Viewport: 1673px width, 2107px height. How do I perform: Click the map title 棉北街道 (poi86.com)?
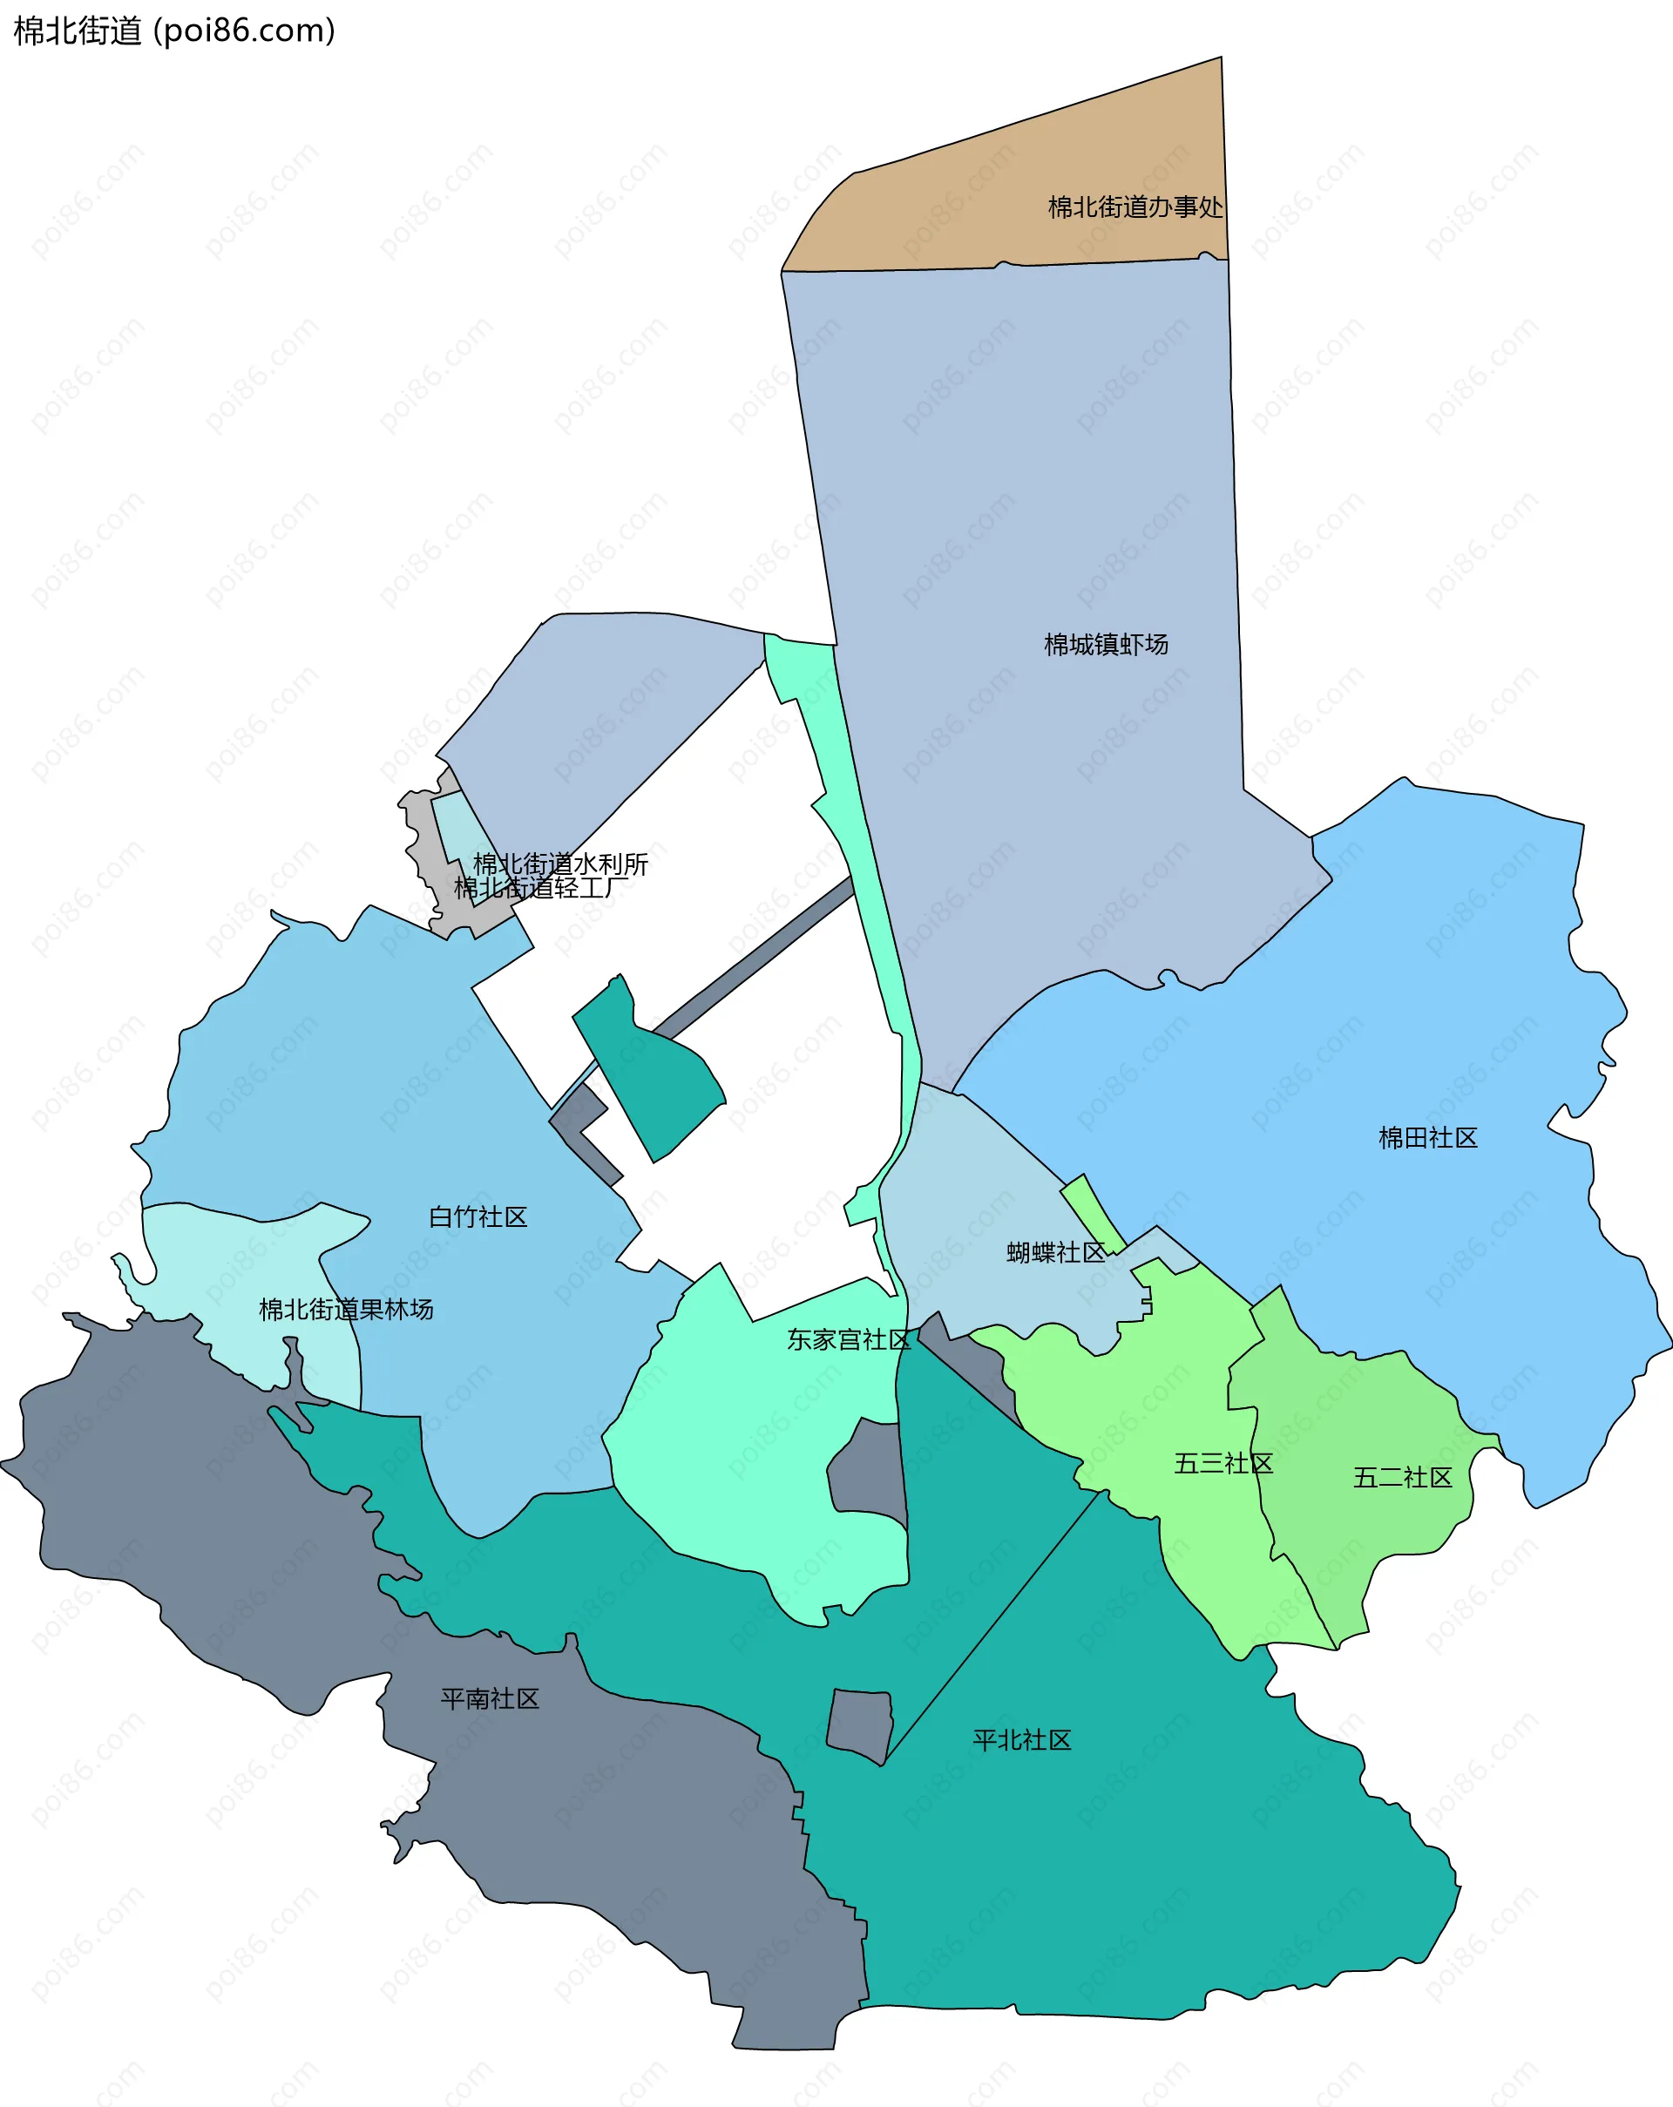(174, 30)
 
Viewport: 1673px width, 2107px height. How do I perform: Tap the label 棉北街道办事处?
(1135, 207)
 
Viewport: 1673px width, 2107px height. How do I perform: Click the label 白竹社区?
(478, 1216)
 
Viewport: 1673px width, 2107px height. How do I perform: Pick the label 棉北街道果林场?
(346, 1310)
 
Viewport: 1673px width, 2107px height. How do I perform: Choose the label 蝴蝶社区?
(1055, 1253)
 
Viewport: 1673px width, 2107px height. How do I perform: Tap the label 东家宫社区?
(848, 1340)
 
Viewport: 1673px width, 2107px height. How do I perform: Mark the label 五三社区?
(1223, 1463)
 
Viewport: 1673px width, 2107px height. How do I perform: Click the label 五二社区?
(1401, 1478)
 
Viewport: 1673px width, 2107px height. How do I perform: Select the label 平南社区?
(490, 1698)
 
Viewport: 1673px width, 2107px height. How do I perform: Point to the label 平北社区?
(1021, 1739)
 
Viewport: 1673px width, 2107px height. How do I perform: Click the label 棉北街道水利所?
(560, 864)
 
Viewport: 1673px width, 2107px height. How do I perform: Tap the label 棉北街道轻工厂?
(540, 887)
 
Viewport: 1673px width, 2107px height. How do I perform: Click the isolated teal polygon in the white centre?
(653, 1075)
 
